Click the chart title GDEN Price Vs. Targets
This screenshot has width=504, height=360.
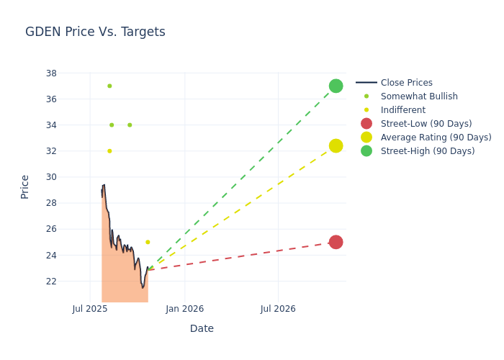point(95,32)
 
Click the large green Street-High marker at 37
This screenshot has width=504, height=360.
point(336,86)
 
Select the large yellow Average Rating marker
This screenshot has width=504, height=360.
point(336,146)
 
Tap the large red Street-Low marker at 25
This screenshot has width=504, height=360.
point(336,242)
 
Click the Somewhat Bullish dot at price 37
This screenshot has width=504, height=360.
point(109,86)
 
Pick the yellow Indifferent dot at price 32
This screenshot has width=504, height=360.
point(109,151)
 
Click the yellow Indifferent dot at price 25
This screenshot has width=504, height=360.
point(148,242)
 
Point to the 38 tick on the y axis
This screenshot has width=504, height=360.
point(51,73)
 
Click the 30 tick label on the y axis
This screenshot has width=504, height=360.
point(51,177)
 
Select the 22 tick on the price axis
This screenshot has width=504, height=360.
point(51,281)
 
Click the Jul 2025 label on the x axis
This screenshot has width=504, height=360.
point(90,309)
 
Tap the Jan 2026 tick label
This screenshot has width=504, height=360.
point(184,309)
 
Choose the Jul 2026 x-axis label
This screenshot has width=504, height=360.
point(278,309)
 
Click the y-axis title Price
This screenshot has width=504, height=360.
point(25,186)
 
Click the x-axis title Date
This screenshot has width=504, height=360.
point(202,328)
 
